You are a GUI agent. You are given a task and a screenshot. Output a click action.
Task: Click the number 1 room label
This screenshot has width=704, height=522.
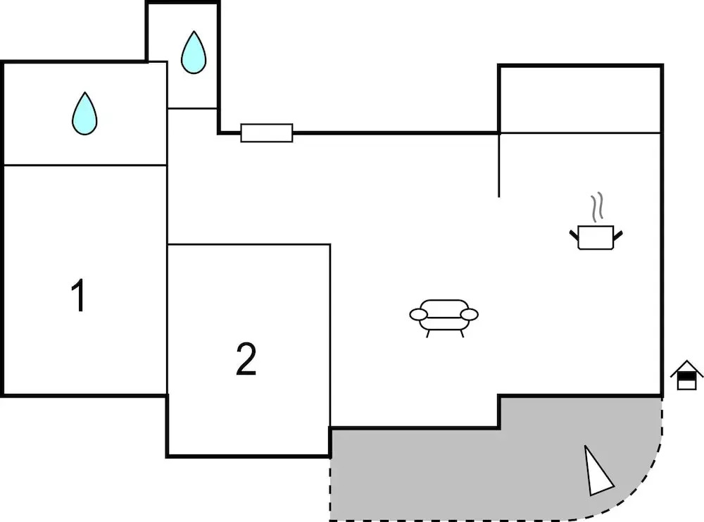pos(80,296)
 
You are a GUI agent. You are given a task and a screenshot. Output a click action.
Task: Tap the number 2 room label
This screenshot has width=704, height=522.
pos(246,359)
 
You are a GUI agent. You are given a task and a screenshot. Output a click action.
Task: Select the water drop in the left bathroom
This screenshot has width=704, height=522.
pos(84,113)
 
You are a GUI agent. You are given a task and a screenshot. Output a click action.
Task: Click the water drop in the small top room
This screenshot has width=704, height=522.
pos(194,53)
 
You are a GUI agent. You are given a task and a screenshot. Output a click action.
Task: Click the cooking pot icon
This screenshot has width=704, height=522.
pos(596,237)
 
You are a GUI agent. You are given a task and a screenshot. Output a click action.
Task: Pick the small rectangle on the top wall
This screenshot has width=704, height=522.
pos(267,132)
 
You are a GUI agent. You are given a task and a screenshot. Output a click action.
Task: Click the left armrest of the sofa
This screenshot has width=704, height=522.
pos(419,314)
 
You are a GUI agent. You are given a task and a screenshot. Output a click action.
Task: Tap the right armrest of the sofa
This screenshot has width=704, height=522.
pos(470,314)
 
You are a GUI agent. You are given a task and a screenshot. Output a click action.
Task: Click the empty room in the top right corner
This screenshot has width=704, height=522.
pos(580,99)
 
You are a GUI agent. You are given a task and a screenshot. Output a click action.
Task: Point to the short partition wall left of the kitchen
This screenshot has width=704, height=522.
pos(499,165)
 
